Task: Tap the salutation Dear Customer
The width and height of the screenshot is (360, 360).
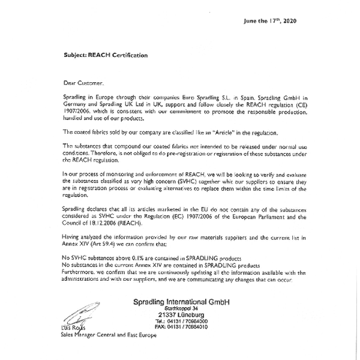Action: [83, 82]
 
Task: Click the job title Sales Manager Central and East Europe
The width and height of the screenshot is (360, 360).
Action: [109, 335]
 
